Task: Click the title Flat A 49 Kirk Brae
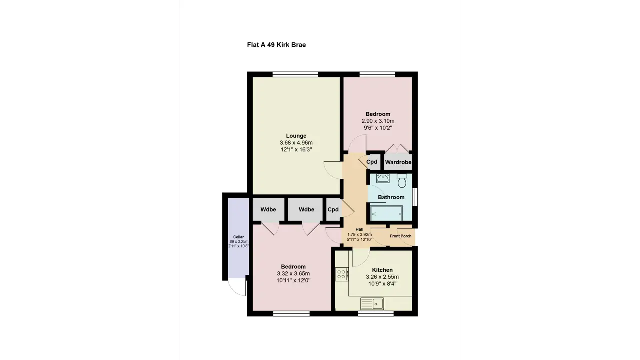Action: pos(276,45)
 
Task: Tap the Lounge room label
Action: pos(296,136)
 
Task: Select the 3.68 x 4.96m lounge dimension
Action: pos(296,143)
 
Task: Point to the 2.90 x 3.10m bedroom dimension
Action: pos(378,121)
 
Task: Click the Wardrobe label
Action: pos(398,162)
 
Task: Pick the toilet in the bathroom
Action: pos(402,181)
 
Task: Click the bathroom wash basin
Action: pos(383,179)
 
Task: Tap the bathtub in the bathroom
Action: pos(386,213)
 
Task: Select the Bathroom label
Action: pos(391,197)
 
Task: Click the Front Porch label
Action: pos(401,236)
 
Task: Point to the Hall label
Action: pos(359,229)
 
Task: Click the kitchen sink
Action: pos(372,303)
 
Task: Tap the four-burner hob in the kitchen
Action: pos(342,274)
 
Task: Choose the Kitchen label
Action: pos(382,270)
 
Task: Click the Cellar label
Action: pos(239,237)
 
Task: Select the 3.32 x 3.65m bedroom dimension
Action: pos(293,273)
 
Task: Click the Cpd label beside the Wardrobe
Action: pos(372,162)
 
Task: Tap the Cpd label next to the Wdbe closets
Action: pos(333,209)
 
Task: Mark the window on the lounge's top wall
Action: pos(295,74)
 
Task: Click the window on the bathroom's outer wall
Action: pos(415,197)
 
